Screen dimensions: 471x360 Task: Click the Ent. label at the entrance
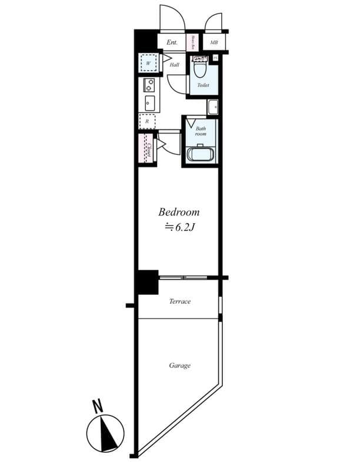pos(172,42)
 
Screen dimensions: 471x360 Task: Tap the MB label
pos(214,42)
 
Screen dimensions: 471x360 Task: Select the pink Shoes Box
pos(193,42)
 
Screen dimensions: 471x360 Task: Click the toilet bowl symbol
pos(200,69)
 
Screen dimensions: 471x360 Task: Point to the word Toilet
pos(203,85)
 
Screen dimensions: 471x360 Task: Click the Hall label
pos(175,65)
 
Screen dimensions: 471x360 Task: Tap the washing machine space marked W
pos(148,63)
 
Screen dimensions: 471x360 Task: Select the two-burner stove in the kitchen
pos(148,85)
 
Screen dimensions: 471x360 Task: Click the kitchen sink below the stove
pos(148,102)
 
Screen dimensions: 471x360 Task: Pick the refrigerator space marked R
pos(147,121)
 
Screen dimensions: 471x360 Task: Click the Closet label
pos(149,149)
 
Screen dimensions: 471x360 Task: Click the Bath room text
pos(201,131)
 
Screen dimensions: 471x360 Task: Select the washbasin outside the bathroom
pos(212,107)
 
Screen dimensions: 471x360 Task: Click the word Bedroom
pos(179,212)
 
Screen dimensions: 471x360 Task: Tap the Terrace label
pos(179,301)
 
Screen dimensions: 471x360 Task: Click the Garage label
pos(179,366)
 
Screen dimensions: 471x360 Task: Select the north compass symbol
pos(105,433)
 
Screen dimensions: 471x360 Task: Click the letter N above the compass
pos(98,406)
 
